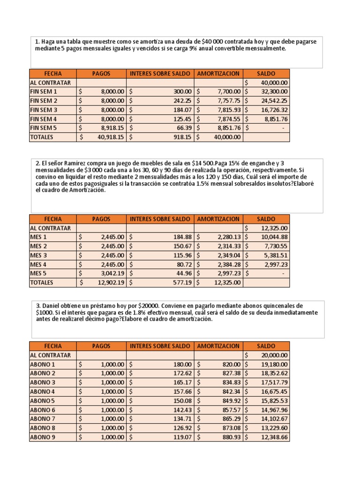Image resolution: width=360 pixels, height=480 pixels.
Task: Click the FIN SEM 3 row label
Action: [x=43, y=110]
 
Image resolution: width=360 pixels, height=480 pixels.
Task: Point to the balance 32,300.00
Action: [x=274, y=92]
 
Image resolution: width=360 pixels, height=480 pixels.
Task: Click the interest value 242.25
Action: [x=180, y=101]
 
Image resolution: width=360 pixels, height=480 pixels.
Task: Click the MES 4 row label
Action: [x=39, y=264]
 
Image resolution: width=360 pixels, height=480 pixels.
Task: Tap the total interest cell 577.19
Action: [x=180, y=283]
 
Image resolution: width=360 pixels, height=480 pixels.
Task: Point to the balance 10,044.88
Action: [x=274, y=237]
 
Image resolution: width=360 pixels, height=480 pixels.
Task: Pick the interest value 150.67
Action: [x=180, y=246]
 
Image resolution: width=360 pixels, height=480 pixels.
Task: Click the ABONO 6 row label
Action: [x=43, y=410]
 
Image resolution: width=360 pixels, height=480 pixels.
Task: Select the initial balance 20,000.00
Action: [x=274, y=355]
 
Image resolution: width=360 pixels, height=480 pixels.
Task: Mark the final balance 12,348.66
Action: [x=274, y=437]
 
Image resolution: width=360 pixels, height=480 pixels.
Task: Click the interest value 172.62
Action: [x=180, y=374]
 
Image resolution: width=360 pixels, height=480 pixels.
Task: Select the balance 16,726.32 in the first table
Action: [x=274, y=110]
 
